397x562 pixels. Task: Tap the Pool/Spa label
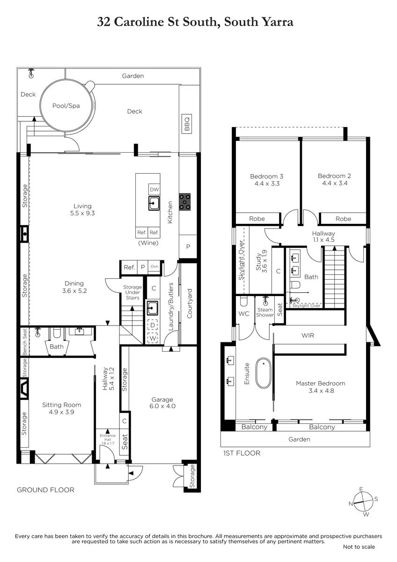[66, 106]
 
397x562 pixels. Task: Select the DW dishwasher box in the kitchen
[154, 190]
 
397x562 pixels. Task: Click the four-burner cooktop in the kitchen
[184, 202]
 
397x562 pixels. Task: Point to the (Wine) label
[148, 243]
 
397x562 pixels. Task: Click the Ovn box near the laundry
[154, 266]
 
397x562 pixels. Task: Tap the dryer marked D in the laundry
[153, 325]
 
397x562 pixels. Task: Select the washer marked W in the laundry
[153, 339]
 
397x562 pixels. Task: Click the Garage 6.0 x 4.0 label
[162, 403]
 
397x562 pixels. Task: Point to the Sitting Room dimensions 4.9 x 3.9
[61, 412]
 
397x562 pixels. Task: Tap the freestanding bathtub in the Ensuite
[263, 373]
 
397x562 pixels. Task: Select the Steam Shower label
[265, 312]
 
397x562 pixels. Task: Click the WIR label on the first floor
[308, 335]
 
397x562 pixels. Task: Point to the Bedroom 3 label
[267, 177]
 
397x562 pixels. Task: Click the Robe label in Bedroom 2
[343, 219]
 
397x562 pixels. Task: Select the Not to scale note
[359, 547]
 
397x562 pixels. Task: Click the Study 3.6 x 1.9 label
[261, 261]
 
